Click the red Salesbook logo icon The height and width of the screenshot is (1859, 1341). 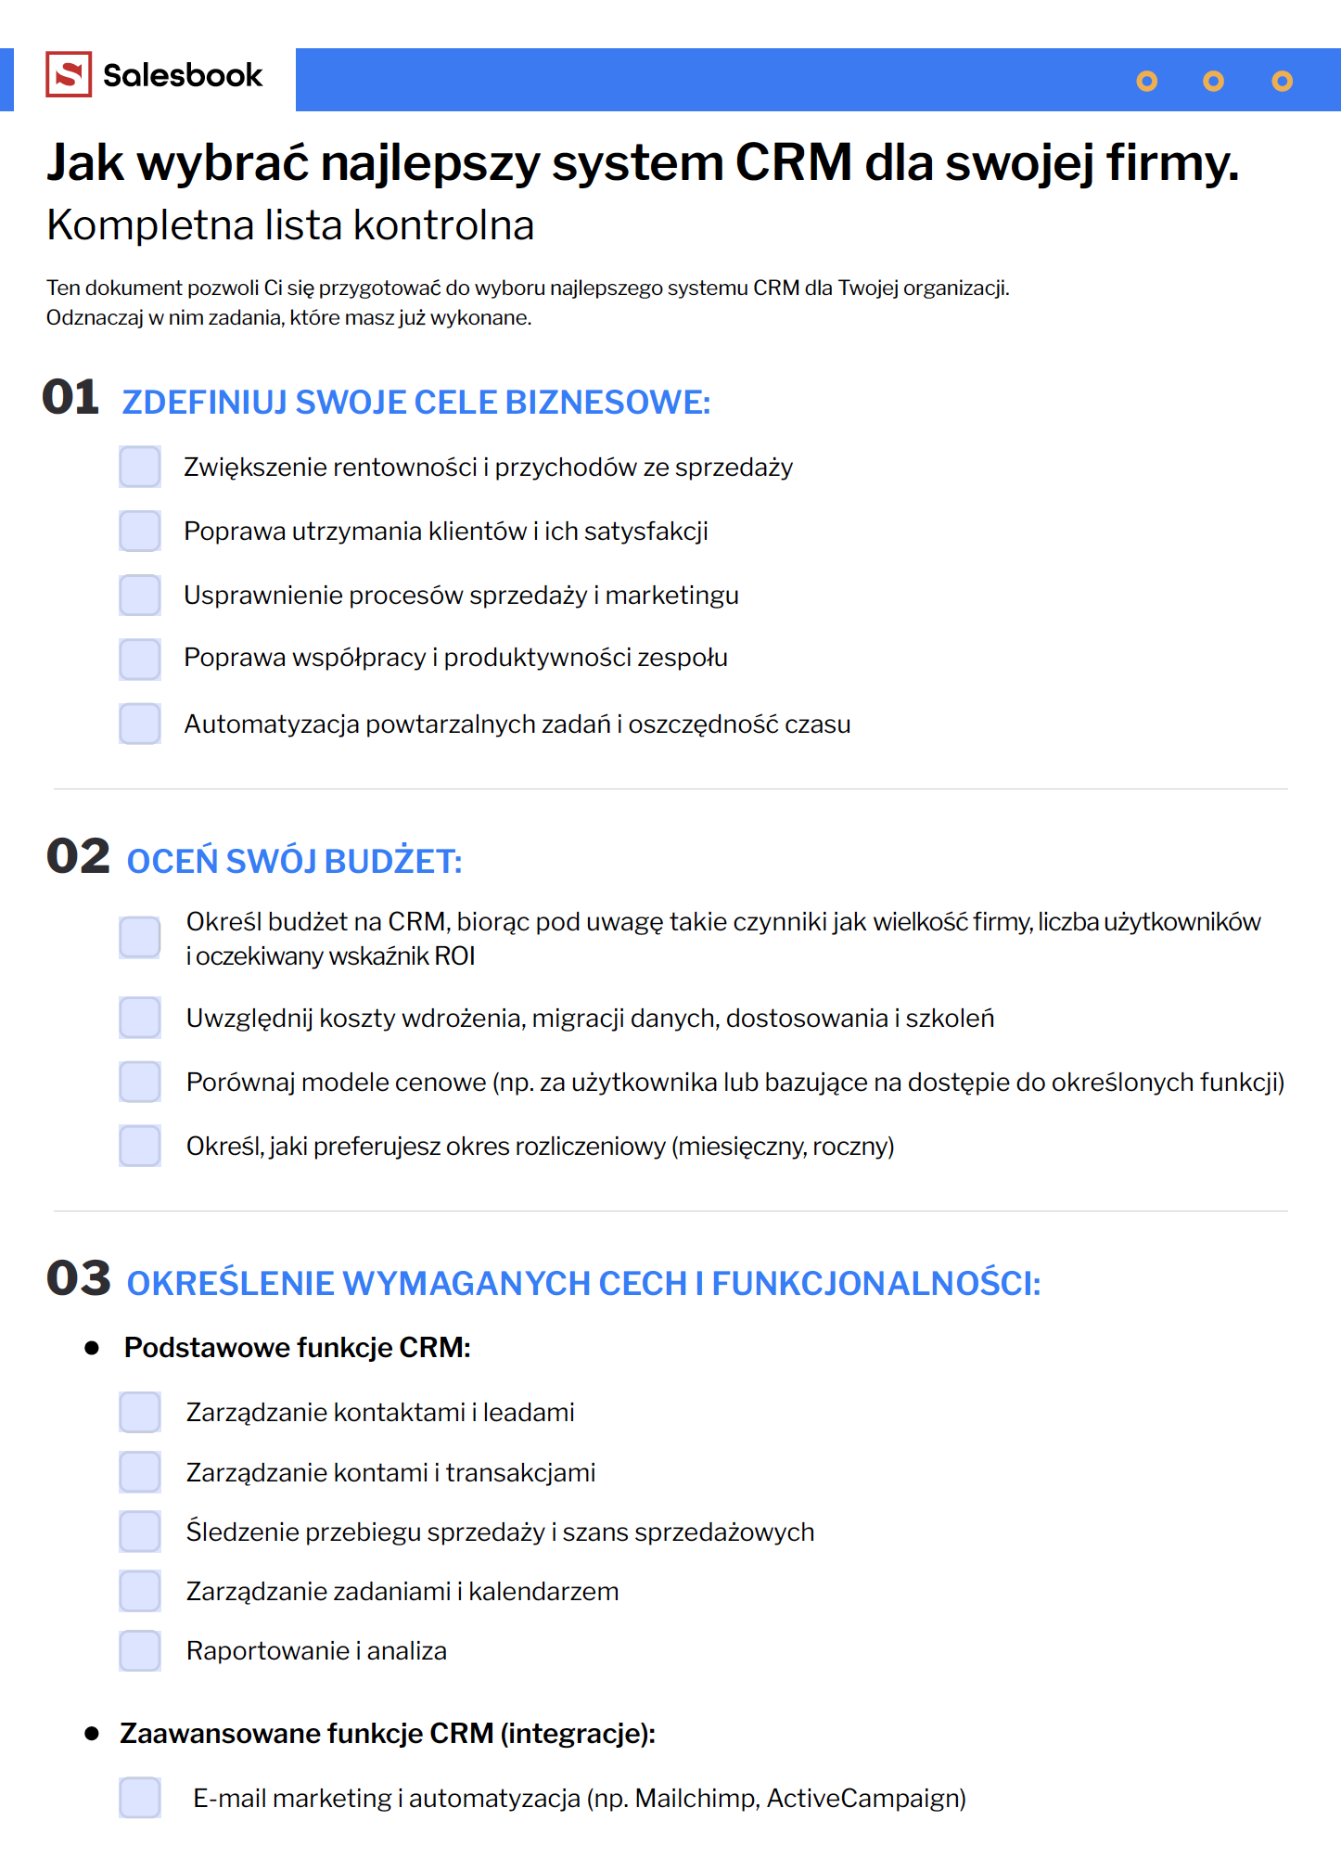tap(69, 74)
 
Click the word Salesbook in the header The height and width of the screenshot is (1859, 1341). tap(183, 75)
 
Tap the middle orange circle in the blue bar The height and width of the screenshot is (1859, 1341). tap(1213, 82)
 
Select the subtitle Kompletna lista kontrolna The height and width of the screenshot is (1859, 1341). tap(290, 225)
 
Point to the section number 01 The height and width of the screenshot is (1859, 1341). tap(70, 398)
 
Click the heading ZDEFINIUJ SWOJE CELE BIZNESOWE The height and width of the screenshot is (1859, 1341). tap(415, 403)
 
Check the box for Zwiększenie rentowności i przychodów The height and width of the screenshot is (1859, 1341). tap(140, 467)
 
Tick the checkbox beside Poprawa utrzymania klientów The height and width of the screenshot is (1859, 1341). tap(140, 531)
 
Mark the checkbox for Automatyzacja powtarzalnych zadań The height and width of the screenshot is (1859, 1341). tap(140, 724)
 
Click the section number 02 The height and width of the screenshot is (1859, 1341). tap(78, 856)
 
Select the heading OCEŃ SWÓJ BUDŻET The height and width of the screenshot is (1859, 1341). tap(294, 862)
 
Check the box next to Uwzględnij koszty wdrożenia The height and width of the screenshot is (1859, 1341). tap(140, 1018)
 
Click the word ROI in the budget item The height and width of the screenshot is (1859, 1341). tap(454, 956)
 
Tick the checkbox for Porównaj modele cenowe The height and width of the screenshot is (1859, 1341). tap(140, 1082)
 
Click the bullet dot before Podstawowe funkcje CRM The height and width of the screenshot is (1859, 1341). tap(92, 1348)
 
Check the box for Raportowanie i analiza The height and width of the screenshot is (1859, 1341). tap(140, 1650)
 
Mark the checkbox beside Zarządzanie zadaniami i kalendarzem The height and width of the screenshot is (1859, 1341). tap(140, 1591)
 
